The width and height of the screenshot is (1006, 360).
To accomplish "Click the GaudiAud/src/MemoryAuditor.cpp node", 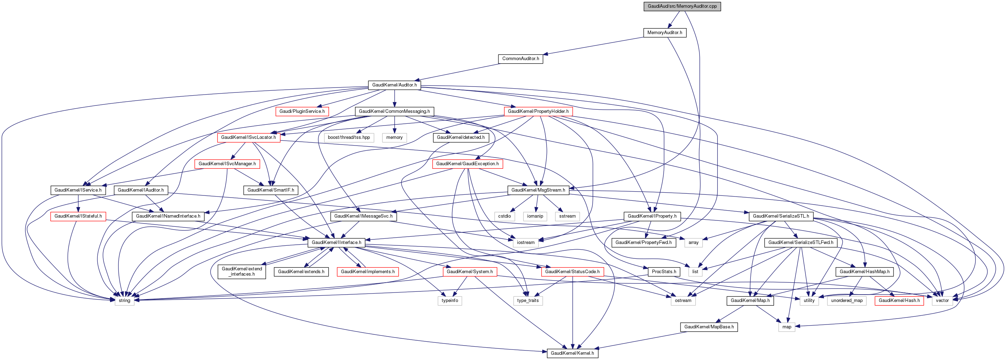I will pos(682,6).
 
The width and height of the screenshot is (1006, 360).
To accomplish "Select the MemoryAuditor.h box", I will pos(665,32).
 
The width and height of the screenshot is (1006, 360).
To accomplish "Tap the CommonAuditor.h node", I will pos(520,59).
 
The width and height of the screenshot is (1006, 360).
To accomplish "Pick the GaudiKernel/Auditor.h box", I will pos(394,85).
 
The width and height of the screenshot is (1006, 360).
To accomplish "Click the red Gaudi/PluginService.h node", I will pos(302,111).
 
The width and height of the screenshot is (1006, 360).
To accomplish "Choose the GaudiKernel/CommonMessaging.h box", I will pos(394,111).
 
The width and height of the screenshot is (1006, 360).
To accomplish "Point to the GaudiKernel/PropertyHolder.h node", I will pos(538,111).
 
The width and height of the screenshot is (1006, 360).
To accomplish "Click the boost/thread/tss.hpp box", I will pos(349,137).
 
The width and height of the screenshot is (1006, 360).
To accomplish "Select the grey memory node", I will pos(394,137).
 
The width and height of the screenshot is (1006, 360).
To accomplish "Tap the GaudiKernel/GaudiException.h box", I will pos(467,163).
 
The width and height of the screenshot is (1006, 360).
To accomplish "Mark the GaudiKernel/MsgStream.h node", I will pos(538,190).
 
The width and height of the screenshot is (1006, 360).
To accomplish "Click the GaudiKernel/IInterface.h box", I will pos(336,243).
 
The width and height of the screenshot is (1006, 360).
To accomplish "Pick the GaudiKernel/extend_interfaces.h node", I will pos(242,271).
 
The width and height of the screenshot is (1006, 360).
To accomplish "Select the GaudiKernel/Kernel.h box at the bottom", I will pos(572,353).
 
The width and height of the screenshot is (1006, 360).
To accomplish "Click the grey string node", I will pos(124,300).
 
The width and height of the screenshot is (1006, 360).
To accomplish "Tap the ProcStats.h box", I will pos(664,271).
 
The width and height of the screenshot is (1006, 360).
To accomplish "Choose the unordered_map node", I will pos(847,300).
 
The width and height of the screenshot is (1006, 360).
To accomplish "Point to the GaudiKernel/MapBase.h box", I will pos(709,327).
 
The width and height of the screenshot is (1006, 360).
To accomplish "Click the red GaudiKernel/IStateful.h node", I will pos(78,216).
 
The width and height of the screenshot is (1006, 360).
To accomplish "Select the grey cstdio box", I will pos(504,216).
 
